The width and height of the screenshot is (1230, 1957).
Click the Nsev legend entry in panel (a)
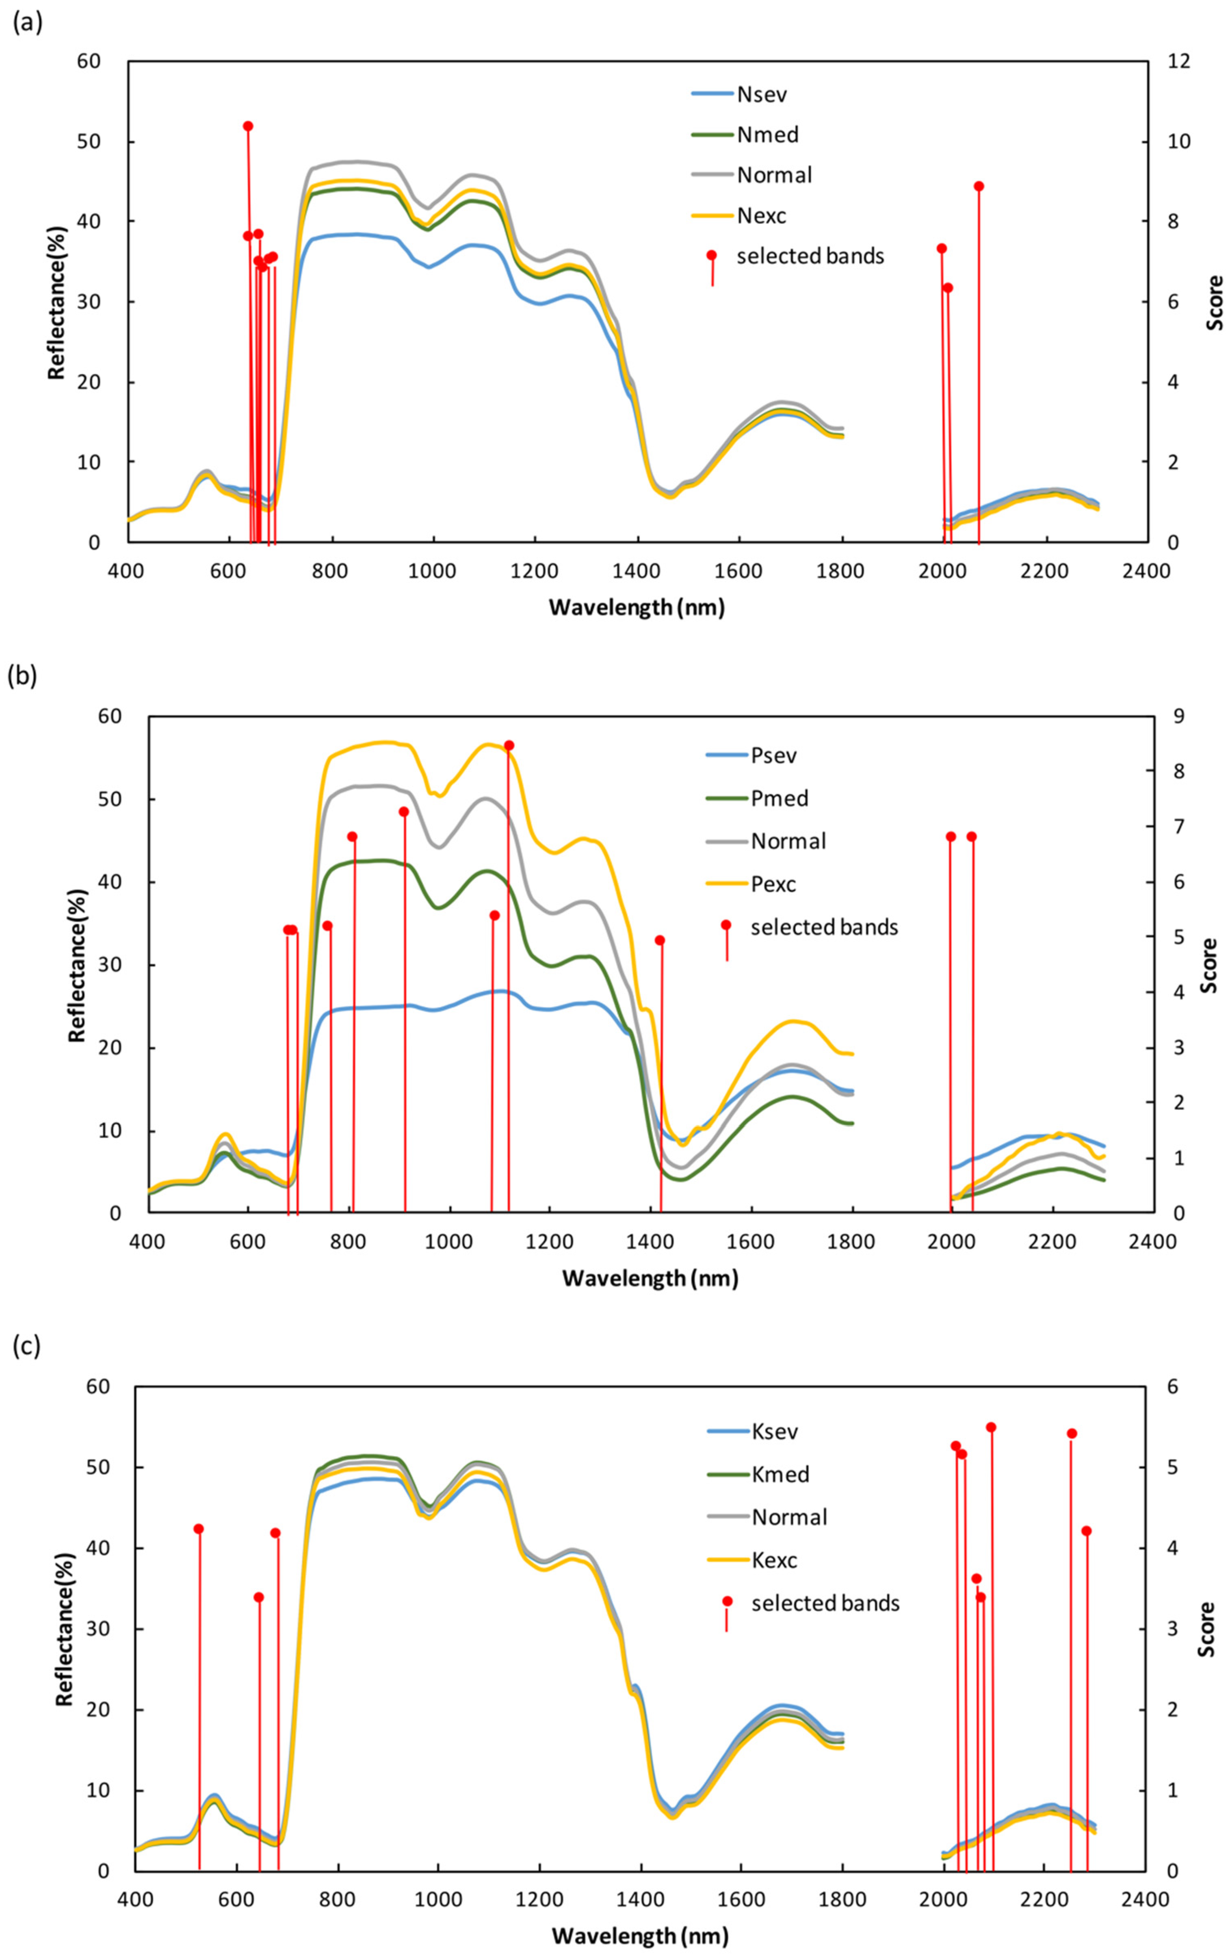pyautogui.click(x=761, y=94)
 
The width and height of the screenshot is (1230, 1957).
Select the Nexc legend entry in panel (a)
pyautogui.click(x=761, y=215)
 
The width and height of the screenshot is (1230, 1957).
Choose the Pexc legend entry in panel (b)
pyautogui.click(x=773, y=883)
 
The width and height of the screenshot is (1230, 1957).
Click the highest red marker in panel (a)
pyautogui.click(x=248, y=126)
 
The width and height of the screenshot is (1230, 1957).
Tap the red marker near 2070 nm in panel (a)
pyautogui.click(x=979, y=186)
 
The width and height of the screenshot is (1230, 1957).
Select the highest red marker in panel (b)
pyautogui.click(x=509, y=745)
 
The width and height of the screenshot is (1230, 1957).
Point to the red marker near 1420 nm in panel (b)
pyautogui.click(x=660, y=940)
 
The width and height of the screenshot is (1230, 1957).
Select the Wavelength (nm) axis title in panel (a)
pyautogui.click(x=636, y=607)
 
